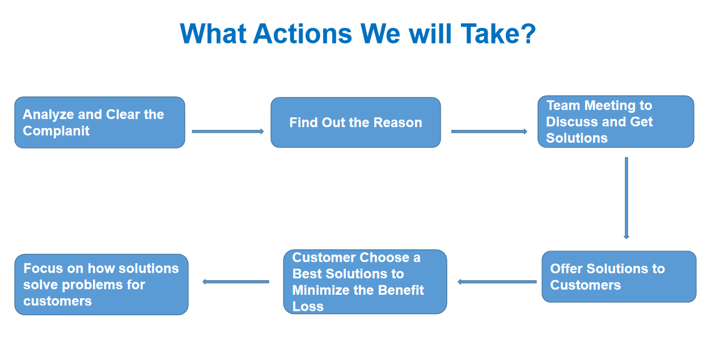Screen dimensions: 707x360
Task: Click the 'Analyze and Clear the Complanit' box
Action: [x=100, y=122]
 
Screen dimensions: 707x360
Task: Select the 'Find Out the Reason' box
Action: [x=355, y=122]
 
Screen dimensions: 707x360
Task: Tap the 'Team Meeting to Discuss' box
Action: [x=616, y=121]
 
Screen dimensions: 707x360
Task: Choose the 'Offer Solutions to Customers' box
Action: [x=619, y=277]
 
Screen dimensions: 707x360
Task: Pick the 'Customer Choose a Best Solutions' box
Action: [x=365, y=282]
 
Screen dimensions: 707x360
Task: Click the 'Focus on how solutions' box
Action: [x=101, y=285]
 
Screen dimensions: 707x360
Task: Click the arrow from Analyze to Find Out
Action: [x=228, y=132]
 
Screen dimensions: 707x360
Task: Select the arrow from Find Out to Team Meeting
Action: [x=489, y=132]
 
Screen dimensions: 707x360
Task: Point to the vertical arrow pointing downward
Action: [x=626, y=198]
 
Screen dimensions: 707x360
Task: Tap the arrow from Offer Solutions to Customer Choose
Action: [x=497, y=282]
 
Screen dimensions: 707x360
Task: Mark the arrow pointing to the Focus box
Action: [x=236, y=282]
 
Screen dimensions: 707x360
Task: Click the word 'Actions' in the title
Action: [x=302, y=33]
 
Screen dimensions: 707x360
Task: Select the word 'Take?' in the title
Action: [x=498, y=33]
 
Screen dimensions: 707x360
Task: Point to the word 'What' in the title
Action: [x=213, y=33]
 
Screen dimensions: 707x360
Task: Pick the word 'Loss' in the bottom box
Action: [x=308, y=306]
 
